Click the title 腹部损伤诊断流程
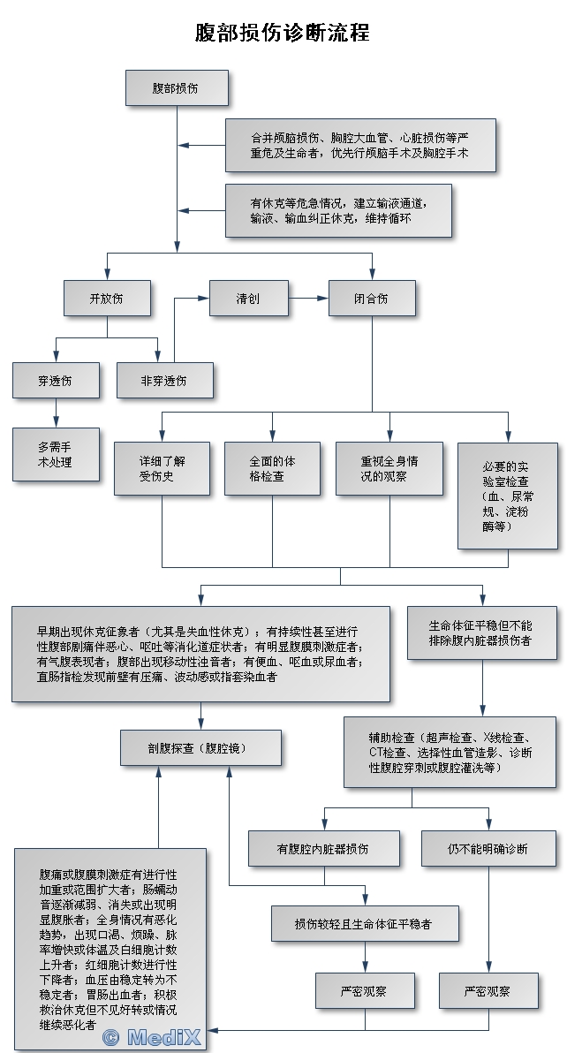click(x=283, y=33)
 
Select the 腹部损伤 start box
click(x=177, y=88)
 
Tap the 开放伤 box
click(x=107, y=299)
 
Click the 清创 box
click(x=248, y=299)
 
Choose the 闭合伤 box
click(x=371, y=299)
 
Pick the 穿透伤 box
click(x=56, y=381)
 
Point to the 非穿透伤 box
click(x=164, y=381)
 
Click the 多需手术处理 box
click(x=56, y=454)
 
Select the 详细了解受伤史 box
click(x=162, y=468)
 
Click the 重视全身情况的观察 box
click(x=389, y=468)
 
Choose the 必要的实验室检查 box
click(x=507, y=495)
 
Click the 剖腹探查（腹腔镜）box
click(x=201, y=747)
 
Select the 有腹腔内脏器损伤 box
click(x=323, y=848)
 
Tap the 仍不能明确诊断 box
click(x=488, y=848)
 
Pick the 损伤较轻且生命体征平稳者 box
click(x=364, y=923)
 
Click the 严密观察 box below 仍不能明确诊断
click(x=488, y=991)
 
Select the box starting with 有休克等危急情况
click(x=338, y=210)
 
